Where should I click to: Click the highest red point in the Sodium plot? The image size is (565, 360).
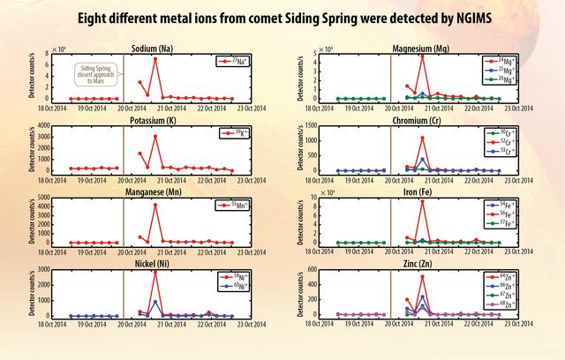click(155, 59)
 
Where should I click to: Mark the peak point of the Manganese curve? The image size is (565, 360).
click(155, 205)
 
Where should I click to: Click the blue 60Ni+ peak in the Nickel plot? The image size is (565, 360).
click(155, 302)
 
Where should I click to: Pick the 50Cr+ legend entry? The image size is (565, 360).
click(516, 132)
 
